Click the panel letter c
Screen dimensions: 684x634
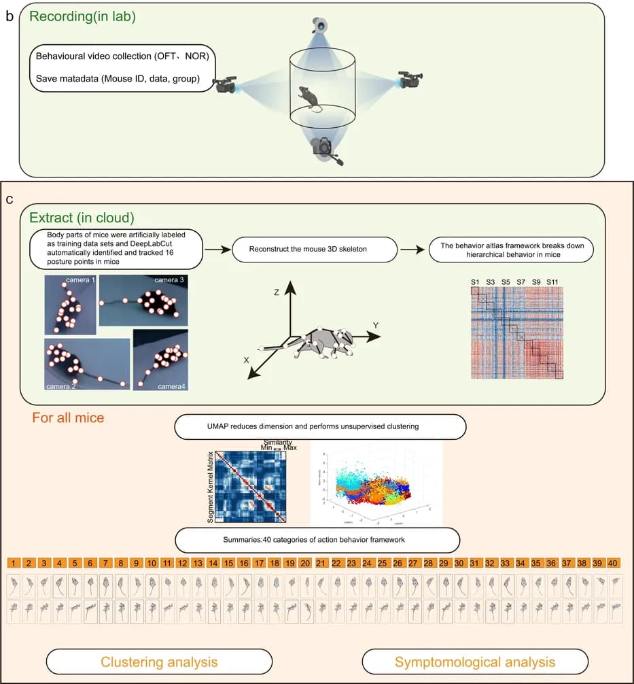click(x=10, y=199)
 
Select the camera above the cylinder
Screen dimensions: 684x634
click(x=319, y=26)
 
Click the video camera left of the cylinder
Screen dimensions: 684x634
click(x=226, y=86)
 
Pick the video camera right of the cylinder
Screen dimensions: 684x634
click(x=408, y=80)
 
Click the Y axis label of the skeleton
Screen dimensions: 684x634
click(x=374, y=326)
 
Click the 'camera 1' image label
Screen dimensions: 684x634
click(x=80, y=279)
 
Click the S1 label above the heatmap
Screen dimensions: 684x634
click(x=475, y=281)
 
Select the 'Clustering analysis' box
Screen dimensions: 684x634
click(x=159, y=661)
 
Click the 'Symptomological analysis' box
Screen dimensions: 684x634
click(x=475, y=661)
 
